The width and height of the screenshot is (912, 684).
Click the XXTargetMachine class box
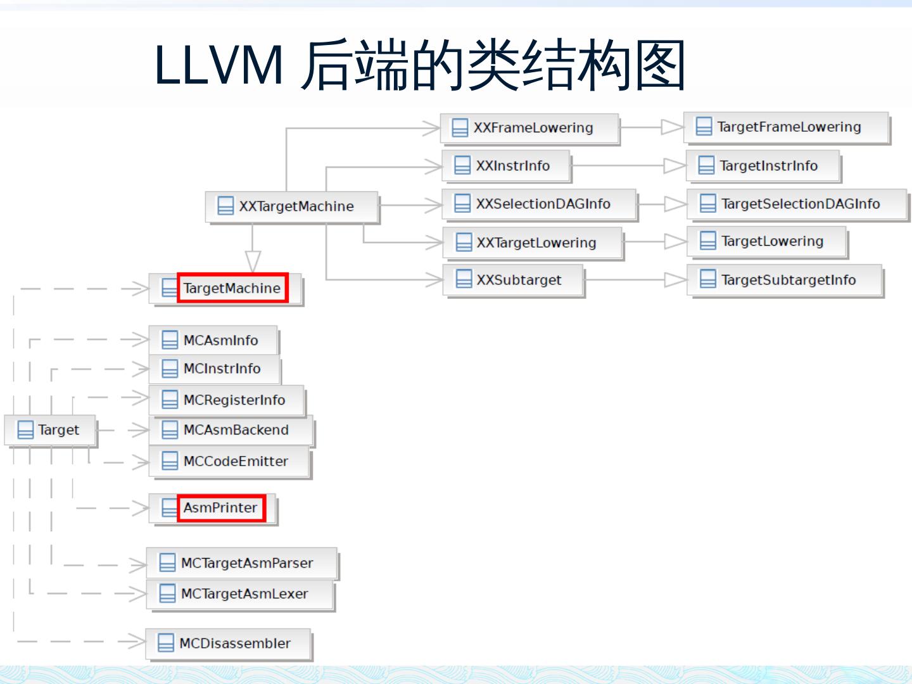tap(292, 206)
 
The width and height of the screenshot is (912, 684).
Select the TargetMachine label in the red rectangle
tap(232, 288)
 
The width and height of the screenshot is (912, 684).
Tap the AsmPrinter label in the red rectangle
tap(220, 508)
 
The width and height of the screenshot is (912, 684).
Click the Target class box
tap(50, 430)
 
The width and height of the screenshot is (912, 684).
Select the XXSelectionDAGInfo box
tap(539, 204)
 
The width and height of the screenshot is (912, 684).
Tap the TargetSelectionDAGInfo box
tap(798, 204)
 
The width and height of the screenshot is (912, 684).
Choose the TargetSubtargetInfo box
tap(785, 280)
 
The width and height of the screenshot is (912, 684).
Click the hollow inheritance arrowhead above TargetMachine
tap(253, 261)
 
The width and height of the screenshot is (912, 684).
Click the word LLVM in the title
tap(218, 65)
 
